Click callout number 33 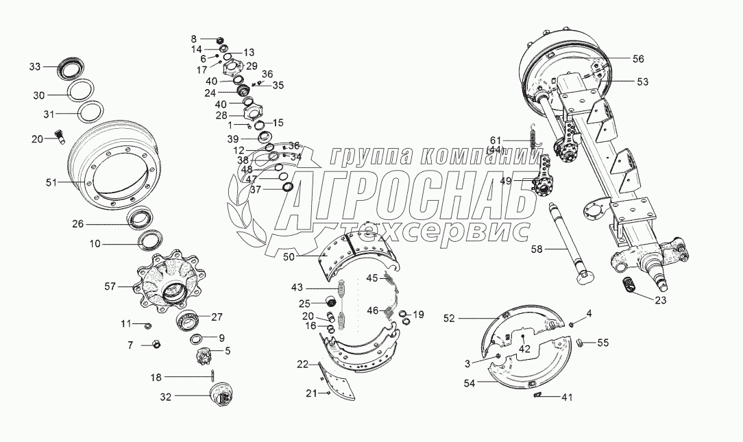coord(35,66)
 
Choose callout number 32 coord(165,397)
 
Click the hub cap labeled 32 coord(222,395)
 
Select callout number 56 coord(638,59)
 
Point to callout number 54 coord(469,383)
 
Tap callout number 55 coord(602,343)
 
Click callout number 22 coord(302,365)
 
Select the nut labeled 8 coord(220,40)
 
